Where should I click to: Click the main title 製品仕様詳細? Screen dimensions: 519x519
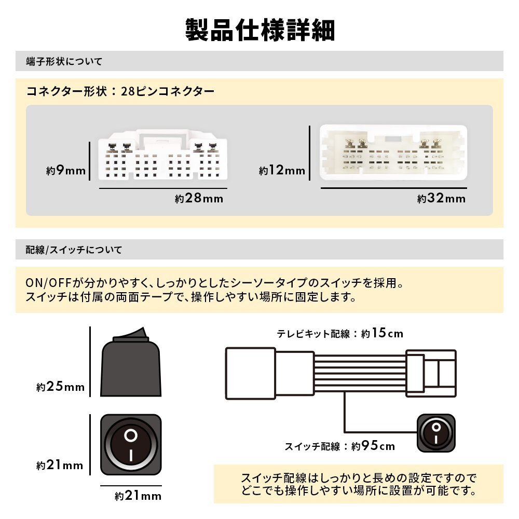click(x=259, y=30)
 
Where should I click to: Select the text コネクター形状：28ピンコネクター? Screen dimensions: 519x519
click(x=120, y=92)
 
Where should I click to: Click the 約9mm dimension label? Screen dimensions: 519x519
click(x=65, y=170)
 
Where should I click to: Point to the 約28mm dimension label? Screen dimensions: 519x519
click(x=199, y=198)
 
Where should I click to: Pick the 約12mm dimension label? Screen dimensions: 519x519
click(x=282, y=170)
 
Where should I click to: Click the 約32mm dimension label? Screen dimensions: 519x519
click(x=441, y=198)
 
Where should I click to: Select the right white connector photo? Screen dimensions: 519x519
click(x=393, y=153)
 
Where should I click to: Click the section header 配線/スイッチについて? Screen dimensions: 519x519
click(x=74, y=250)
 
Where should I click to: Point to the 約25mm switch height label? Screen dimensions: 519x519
click(x=60, y=387)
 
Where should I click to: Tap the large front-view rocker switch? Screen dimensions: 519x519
click(x=130, y=445)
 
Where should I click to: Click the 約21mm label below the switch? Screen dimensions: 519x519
click(x=138, y=496)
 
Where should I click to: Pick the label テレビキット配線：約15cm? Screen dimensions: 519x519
click(x=340, y=333)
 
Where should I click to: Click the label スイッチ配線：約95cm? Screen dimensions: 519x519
click(x=339, y=446)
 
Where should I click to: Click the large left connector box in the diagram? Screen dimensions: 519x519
click(x=250, y=373)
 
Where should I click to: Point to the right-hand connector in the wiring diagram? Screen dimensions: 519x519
click(x=431, y=373)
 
